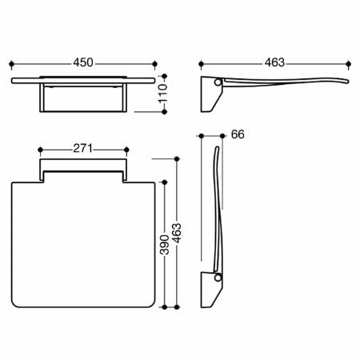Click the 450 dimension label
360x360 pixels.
pos(83,62)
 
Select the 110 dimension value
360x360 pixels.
pos(162,94)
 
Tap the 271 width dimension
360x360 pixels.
pos(82,149)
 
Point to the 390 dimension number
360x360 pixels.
pos(164,245)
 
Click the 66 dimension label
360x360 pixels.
pos(238,134)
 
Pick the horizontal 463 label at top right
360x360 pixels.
pos(274,62)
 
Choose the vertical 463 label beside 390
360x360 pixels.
pos(177,233)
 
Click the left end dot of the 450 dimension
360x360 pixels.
pos(11,64)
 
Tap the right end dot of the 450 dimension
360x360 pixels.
pos(154,64)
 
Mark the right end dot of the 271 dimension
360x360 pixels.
pos(126,150)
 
